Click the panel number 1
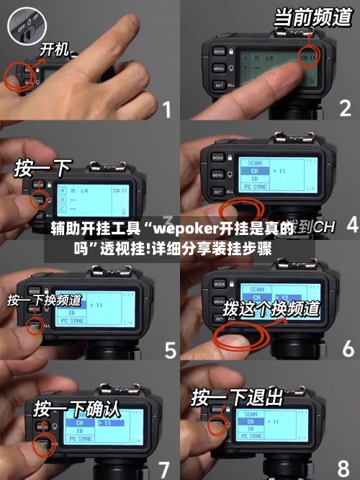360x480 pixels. click(x=166, y=110)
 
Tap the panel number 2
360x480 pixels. click(x=345, y=110)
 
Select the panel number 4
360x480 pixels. click(x=351, y=225)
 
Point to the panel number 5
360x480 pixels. click(x=170, y=350)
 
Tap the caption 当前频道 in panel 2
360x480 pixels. click(x=313, y=17)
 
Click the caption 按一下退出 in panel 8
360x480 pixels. click(x=237, y=397)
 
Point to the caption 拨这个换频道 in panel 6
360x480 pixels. click(x=271, y=308)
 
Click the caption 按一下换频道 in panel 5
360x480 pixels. click(x=45, y=299)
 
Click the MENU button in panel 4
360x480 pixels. click(x=217, y=174)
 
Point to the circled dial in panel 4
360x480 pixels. click(x=238, y=211)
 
